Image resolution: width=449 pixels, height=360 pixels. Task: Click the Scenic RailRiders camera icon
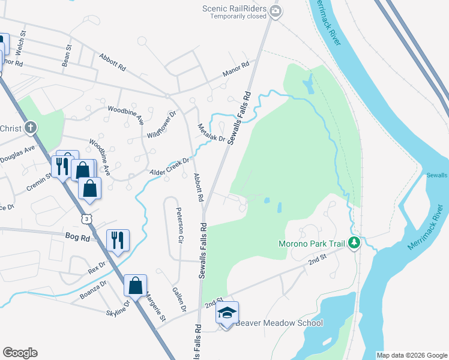pos(276,11)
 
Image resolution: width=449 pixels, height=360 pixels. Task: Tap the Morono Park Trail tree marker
pos(355,243)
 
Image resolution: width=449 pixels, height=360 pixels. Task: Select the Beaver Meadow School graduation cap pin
pos(227,314)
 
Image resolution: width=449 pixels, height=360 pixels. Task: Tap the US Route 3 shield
pos(88,219)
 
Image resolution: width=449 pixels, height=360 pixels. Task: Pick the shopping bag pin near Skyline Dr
pos(135,286)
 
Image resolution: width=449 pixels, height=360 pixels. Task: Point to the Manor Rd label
pos(235,70)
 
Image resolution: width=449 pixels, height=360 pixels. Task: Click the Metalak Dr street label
pos(211,133)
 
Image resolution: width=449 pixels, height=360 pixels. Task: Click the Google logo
pos(20,353)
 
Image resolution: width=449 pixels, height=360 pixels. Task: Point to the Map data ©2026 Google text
pos(411,355)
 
